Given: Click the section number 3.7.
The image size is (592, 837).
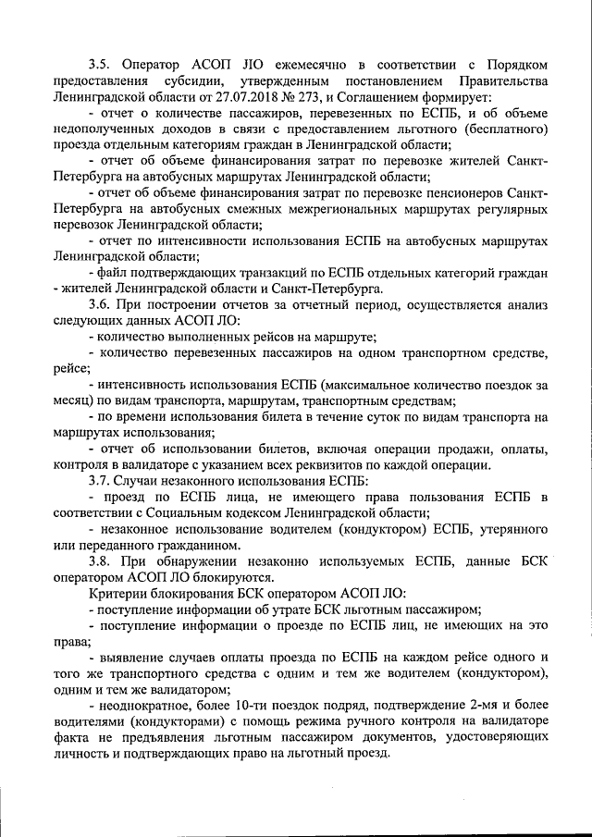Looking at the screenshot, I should click(101, 481).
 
